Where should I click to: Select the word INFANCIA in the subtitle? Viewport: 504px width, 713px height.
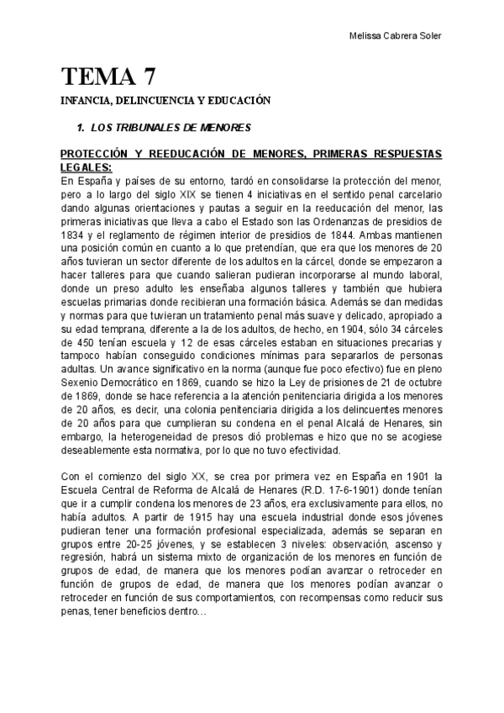[x=85, y=101]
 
